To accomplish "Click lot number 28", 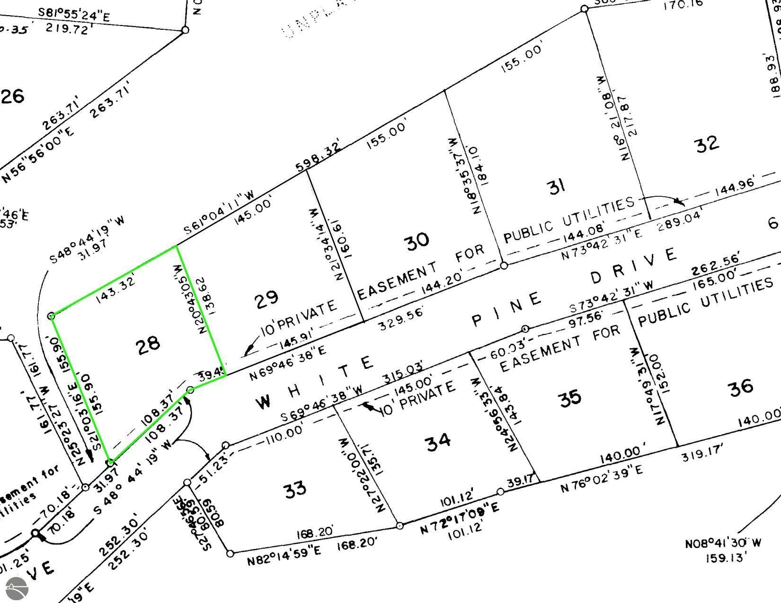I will coord(148,344).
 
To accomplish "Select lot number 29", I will coord(266,298).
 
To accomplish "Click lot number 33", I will coord(295,489).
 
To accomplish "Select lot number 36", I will coord(741,386).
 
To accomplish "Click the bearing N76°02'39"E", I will coord(602,480).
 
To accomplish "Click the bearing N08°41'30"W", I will coord(723,543).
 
